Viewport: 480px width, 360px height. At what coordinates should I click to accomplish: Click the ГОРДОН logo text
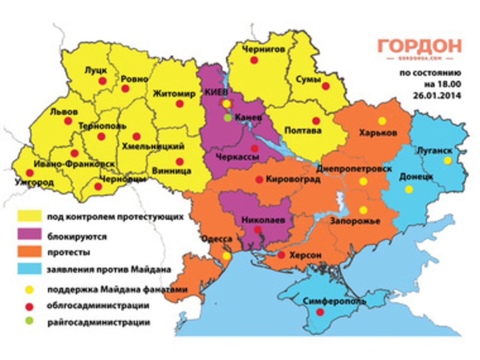[419, 47]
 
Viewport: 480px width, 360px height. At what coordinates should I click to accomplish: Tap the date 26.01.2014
[437, 95]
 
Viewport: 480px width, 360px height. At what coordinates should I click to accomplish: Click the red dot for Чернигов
[254, 60]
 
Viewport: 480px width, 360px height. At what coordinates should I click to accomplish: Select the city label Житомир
[174, 94]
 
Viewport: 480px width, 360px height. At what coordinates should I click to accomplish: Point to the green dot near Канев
[228, 118]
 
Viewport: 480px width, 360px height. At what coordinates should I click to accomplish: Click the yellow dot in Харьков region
[382, 121]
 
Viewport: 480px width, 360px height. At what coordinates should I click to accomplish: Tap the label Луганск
[434, 151]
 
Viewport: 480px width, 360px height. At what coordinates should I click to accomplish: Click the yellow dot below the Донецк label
[409, 189]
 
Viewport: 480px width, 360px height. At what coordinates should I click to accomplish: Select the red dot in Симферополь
[320, 312]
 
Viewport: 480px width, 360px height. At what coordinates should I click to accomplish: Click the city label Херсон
[305, 255]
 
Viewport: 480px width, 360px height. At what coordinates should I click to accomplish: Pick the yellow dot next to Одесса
[226, 256]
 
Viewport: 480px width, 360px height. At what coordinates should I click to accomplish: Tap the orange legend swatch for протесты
[30, 252]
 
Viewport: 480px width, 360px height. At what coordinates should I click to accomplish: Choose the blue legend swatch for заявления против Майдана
[30, 269]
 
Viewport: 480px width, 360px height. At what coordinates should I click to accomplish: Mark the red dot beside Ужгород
[30, 172]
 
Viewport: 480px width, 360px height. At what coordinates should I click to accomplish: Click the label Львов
[64, 112]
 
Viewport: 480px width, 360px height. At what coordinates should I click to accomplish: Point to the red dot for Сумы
[326, 86]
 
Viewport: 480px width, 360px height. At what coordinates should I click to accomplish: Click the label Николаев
[263, 220]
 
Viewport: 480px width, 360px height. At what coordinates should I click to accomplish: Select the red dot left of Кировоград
[259, 180]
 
